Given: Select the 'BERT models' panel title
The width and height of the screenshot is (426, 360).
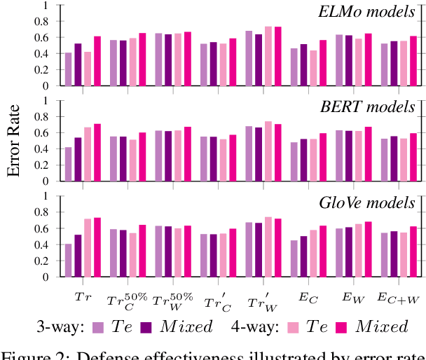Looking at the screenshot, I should pyautogui.click(x=378, y=107).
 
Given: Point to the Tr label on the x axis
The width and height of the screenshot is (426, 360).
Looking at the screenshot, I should pyautogui.click(x=83, y=298).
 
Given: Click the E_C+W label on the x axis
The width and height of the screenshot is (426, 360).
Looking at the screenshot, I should pyautogui.click(x=397, y=298).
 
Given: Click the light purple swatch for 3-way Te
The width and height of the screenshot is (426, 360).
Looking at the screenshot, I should pyautogui.click(x=99, y=326).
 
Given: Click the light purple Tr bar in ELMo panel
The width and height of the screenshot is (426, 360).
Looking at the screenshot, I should pyautogui.click(x=69, y=69).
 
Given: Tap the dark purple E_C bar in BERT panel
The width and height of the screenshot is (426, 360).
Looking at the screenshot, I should pyautogui.click(x=303, y=160).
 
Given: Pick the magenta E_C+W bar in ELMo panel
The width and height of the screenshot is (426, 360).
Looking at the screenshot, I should pyautogui.click(x=413, y=61).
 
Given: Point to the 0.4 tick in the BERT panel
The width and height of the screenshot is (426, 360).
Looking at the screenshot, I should pyautogui.click(x=46, y=149).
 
